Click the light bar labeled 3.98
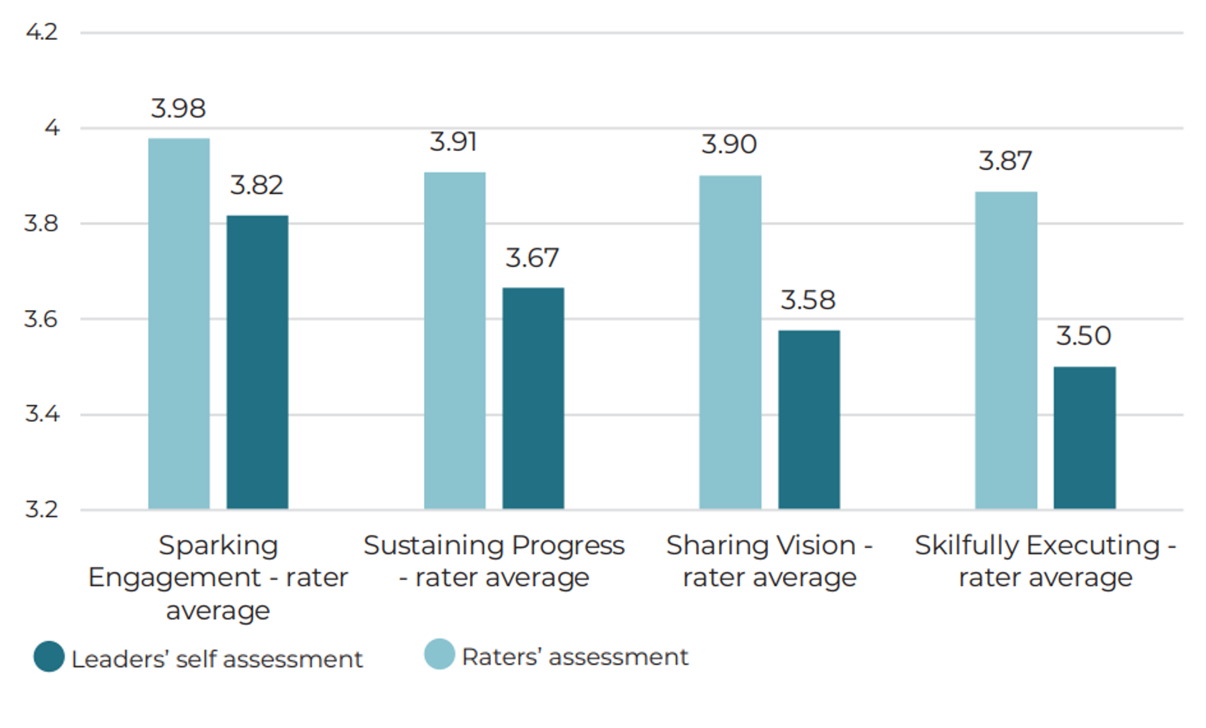[179, 323]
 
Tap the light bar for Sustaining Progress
[455, 340]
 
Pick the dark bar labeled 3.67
[533, 398]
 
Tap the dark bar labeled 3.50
[1084, 437]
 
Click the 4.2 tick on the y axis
[42, 32]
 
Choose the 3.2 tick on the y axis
[42, 509]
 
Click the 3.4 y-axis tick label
[42, 414]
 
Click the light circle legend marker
[440, 654]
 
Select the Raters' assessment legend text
[575, 657]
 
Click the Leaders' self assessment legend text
[217, 659]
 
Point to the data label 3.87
[1005, 161]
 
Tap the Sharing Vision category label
[769, 561]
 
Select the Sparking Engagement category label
[218, 577]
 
